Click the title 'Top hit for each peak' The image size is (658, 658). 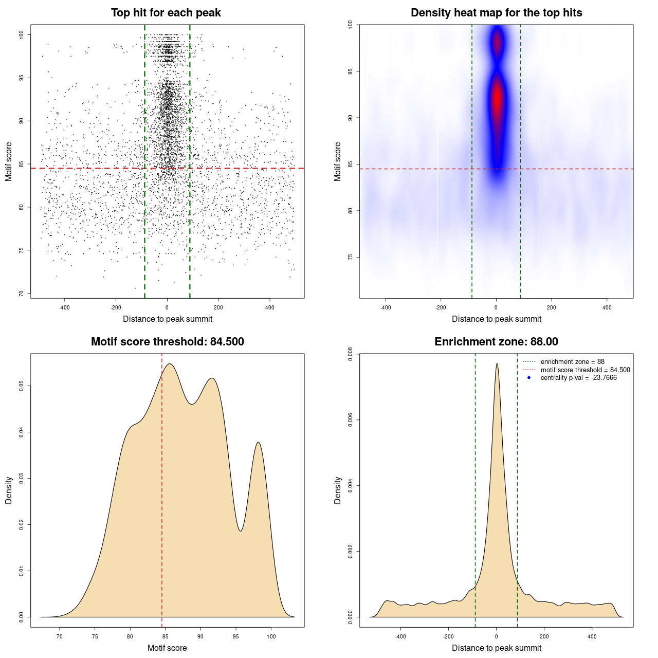pyautogui.click(x=166, y=13)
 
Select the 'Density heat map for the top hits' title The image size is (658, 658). pyautogui.click(x=496, y=13)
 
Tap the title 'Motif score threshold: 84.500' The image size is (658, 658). pyautogui.click(x=167, y=342)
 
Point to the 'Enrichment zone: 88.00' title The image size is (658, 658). pyautogui.click(x=496, y=342)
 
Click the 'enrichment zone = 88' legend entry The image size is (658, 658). pyautogui.click(x=572, y=362)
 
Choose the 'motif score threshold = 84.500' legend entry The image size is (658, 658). pyautogui.click(x=585, y=370)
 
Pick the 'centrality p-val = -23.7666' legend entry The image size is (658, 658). pyautogui.click(x=578, y=378)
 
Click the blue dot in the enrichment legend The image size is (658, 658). pyautogui.click(x=529, y=378)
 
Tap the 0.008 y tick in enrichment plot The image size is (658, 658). pyautogui.click(x=351, y=354)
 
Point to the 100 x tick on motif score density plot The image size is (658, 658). pyautogui.click(x=271, y=636)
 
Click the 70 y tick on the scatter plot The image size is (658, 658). pyautogui.click(x=22, y=294)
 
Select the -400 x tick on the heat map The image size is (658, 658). pyautogui.click(x=386, y=307)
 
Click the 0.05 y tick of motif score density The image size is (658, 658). pyautogui.click(x=22, y=386)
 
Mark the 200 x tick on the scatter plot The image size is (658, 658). pyautogui.click(x=218, y=307)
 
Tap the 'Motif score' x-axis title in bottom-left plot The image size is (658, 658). pyautogui.click(x=167, y=648)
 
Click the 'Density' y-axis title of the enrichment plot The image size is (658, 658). pyautogui.click(x=338, y=490)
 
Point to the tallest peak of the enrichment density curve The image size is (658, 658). pyautogui.click(x=497, y=364)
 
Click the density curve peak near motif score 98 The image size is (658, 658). pyautogui.click(x=258, y=442)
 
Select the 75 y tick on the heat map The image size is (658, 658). pyautogui.click(x=351, y=257)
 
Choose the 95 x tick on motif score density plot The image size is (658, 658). pyautogui.click(x=236, y=636)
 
